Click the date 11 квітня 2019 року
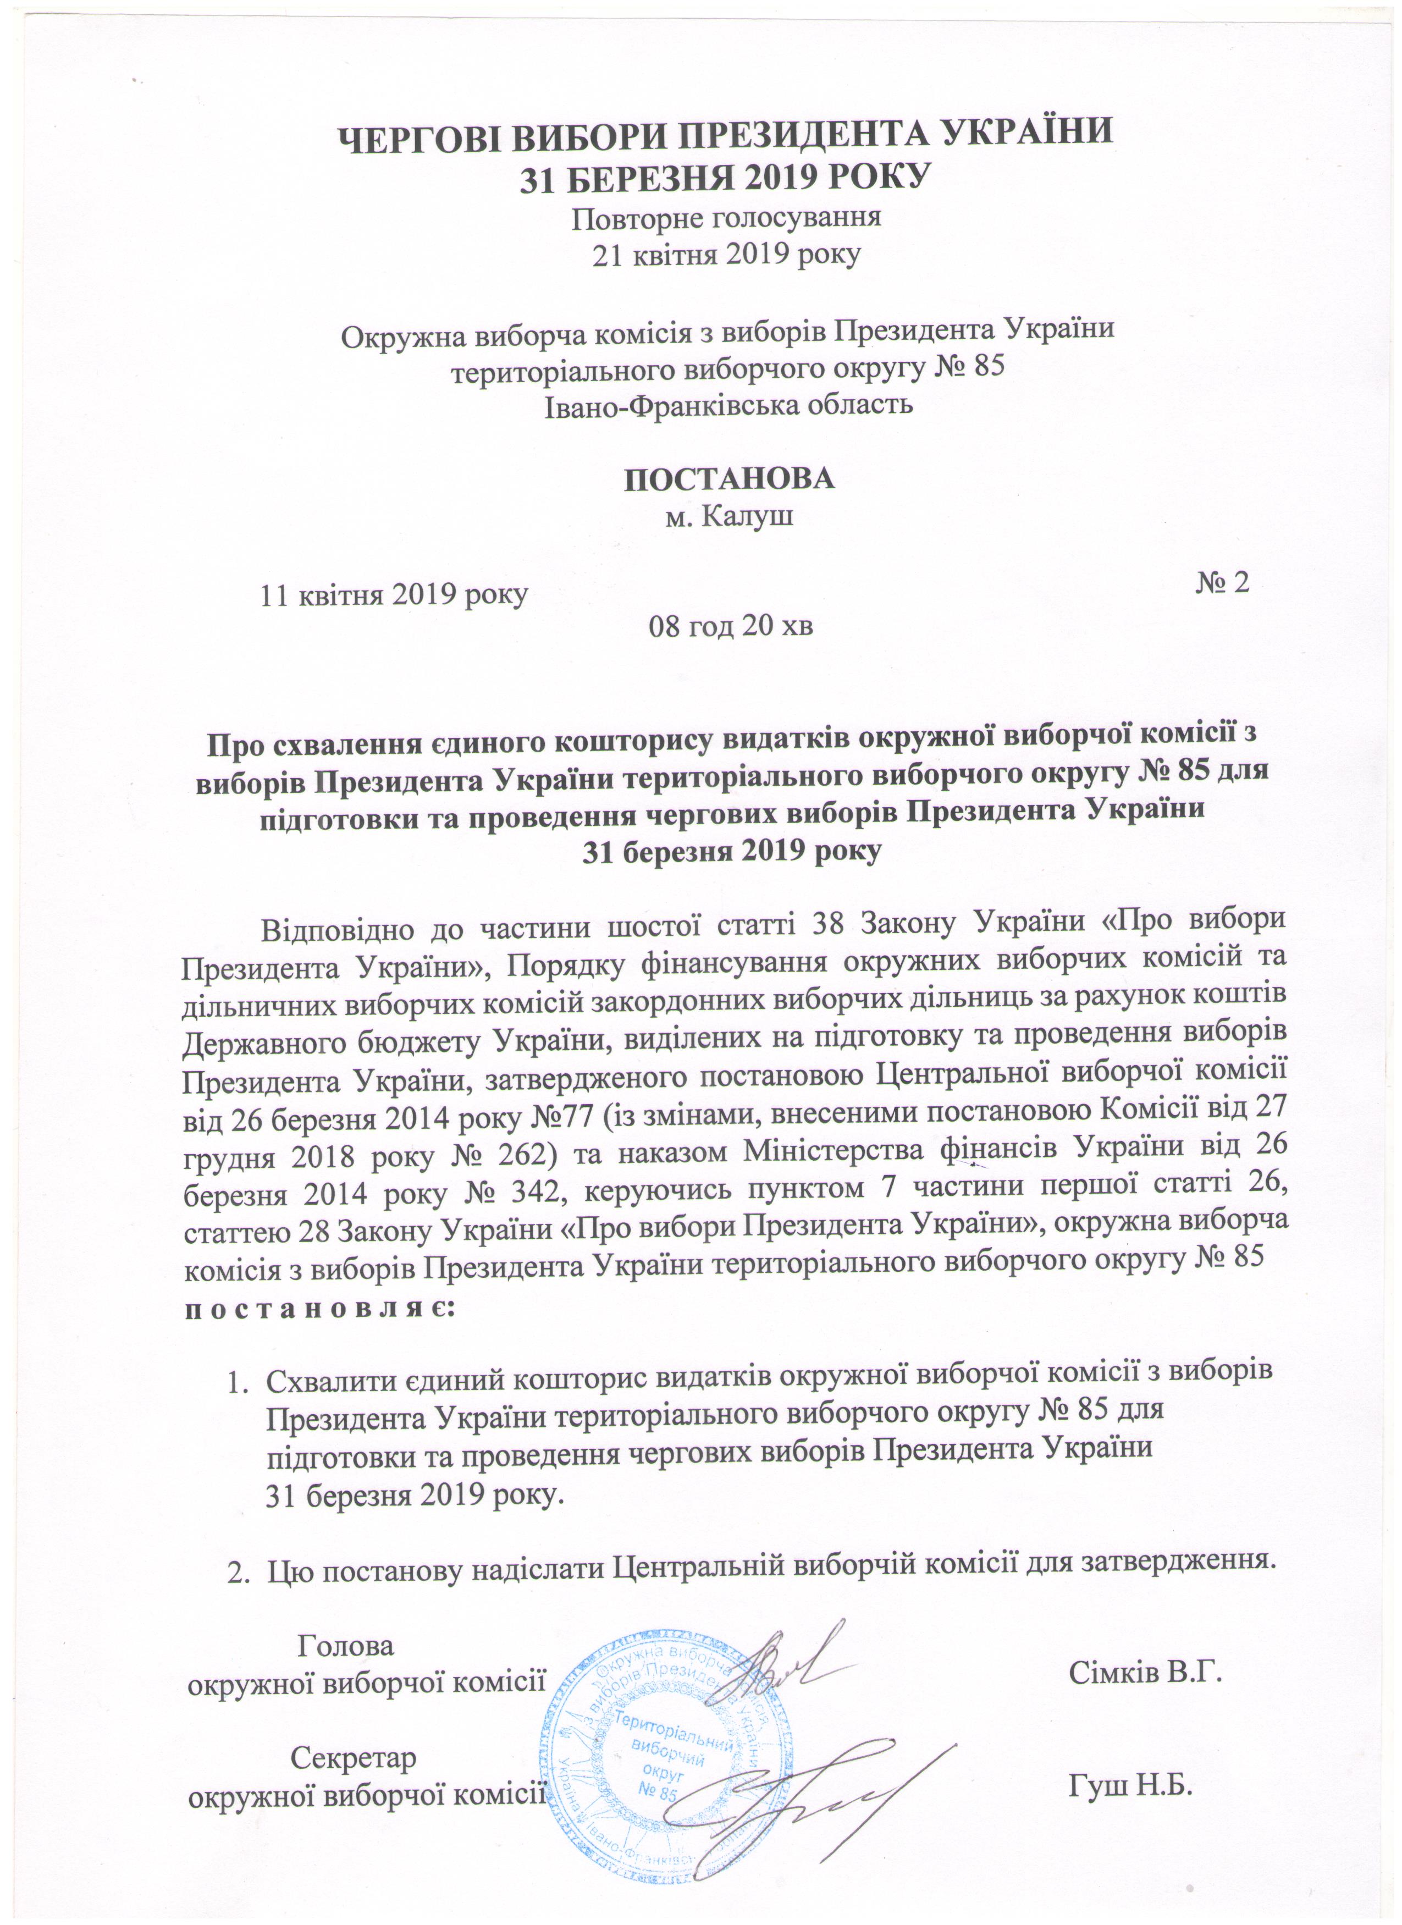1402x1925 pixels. pos(394,594)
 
